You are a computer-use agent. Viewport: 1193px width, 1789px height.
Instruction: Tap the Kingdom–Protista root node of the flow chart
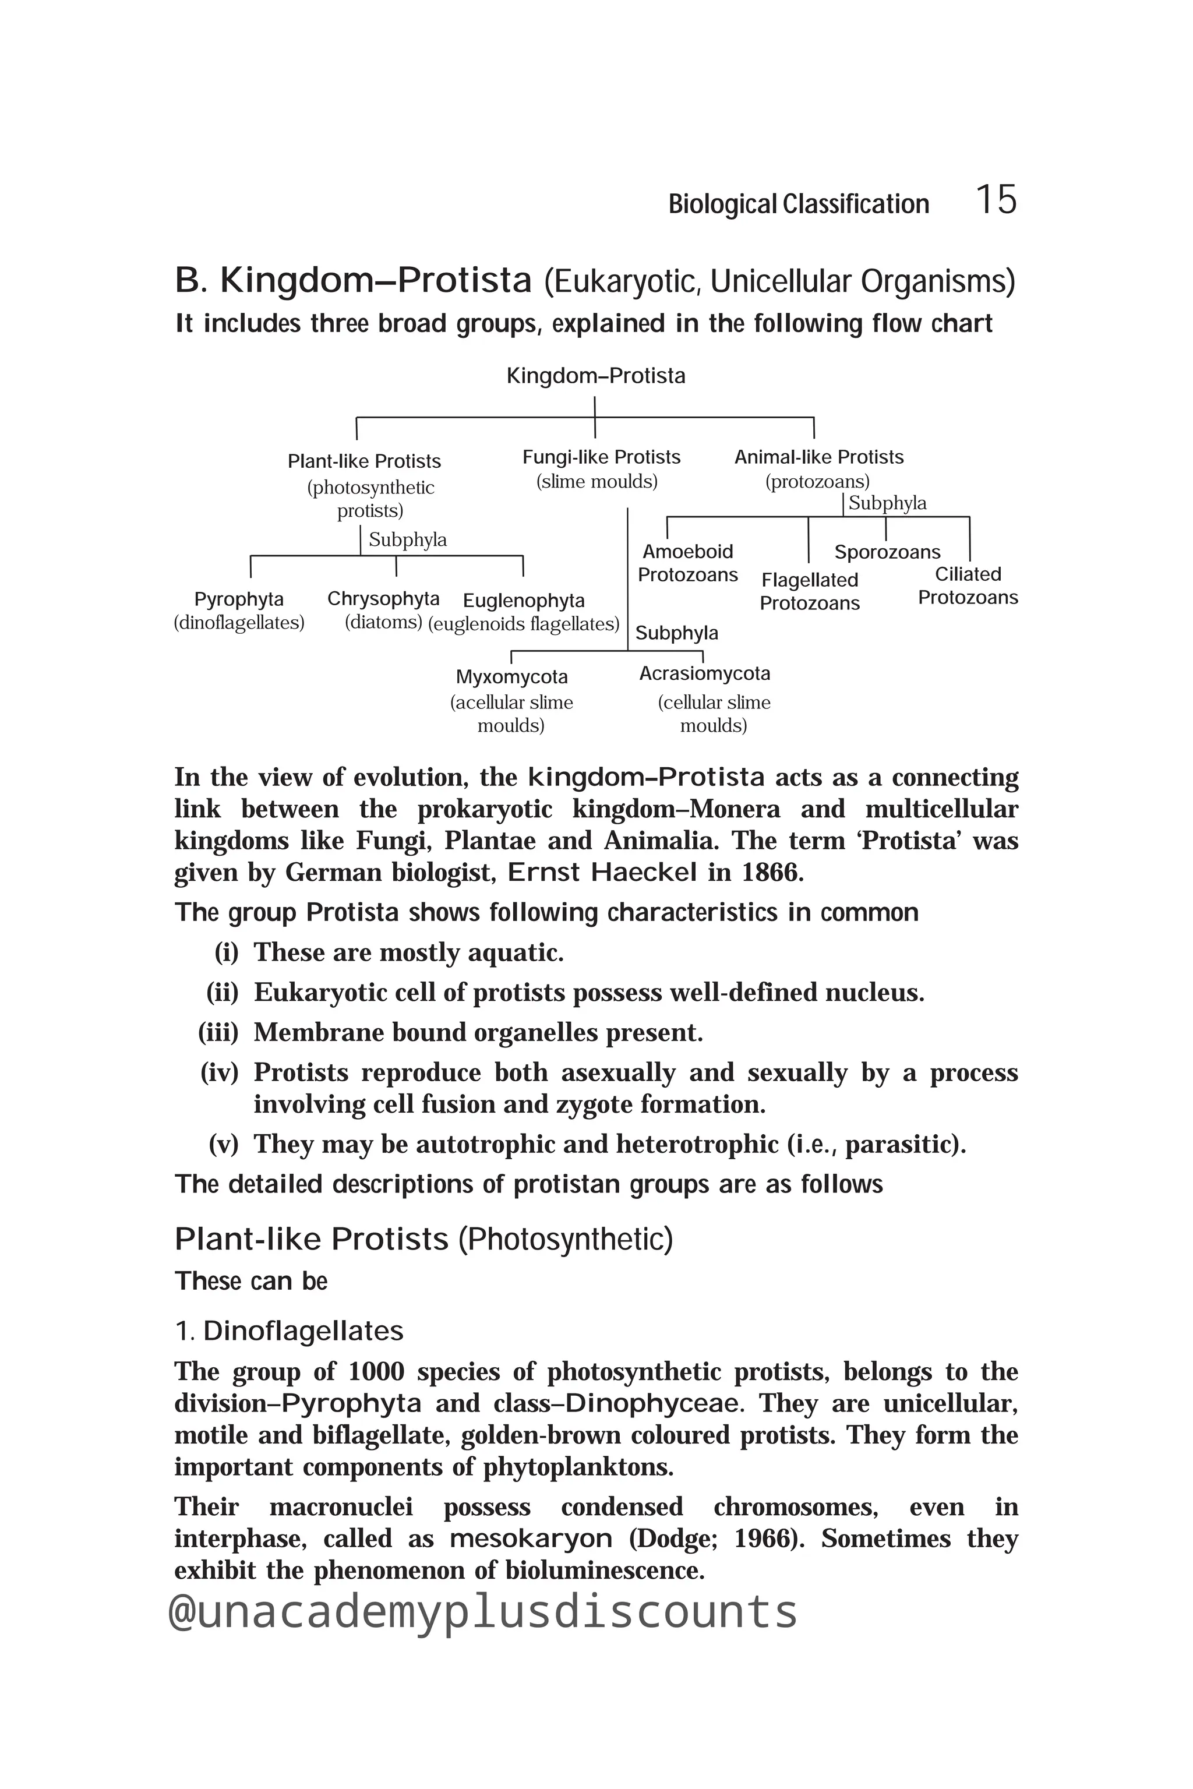pos(596,376)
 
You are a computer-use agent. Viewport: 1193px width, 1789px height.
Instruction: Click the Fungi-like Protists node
pos(601,457)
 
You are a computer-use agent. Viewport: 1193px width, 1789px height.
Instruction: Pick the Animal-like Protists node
pos(818,457)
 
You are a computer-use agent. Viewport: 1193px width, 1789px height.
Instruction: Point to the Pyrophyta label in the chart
pos(239,599)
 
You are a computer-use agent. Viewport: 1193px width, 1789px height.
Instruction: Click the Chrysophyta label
pos(383,599)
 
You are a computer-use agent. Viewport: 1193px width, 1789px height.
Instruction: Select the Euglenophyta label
pos(524,601)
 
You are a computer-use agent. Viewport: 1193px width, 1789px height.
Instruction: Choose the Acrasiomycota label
pos(704,673)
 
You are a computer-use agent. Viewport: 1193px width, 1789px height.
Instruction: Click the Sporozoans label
pos(887,552)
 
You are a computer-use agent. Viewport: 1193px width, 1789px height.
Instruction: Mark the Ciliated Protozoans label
pos(968,586)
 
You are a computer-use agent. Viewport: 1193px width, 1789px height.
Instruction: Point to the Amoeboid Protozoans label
pos(688,563)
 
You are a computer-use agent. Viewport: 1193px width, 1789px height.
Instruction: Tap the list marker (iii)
pos(218,1033)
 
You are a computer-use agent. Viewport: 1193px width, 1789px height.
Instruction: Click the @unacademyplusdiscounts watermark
pos(482,1612)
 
